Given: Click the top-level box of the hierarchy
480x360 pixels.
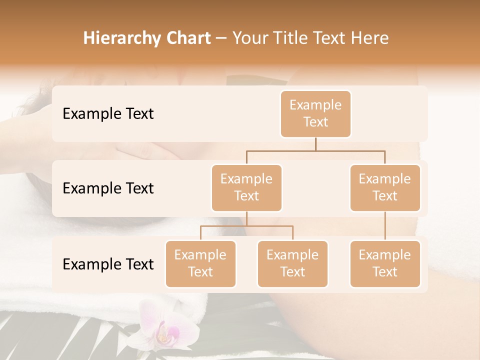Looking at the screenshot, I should point(315,114).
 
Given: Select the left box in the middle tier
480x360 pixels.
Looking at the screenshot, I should point(246,188).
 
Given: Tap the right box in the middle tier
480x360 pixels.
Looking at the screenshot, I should point(385,188).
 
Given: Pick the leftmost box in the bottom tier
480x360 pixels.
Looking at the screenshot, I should point(200,264).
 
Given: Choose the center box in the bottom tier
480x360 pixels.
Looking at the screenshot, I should point(292,264).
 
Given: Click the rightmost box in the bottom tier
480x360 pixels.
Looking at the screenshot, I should point(385,264).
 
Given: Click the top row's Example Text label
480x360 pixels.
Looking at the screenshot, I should point(108,114).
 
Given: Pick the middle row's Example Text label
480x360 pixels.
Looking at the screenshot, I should point(108,188).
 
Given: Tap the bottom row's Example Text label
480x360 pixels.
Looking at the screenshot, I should point(108,264).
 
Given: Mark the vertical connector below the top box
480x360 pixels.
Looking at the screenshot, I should point(315,144).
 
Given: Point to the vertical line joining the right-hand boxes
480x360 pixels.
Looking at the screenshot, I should point(385,226).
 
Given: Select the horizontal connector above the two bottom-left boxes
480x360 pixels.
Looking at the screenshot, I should point(246,226).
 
